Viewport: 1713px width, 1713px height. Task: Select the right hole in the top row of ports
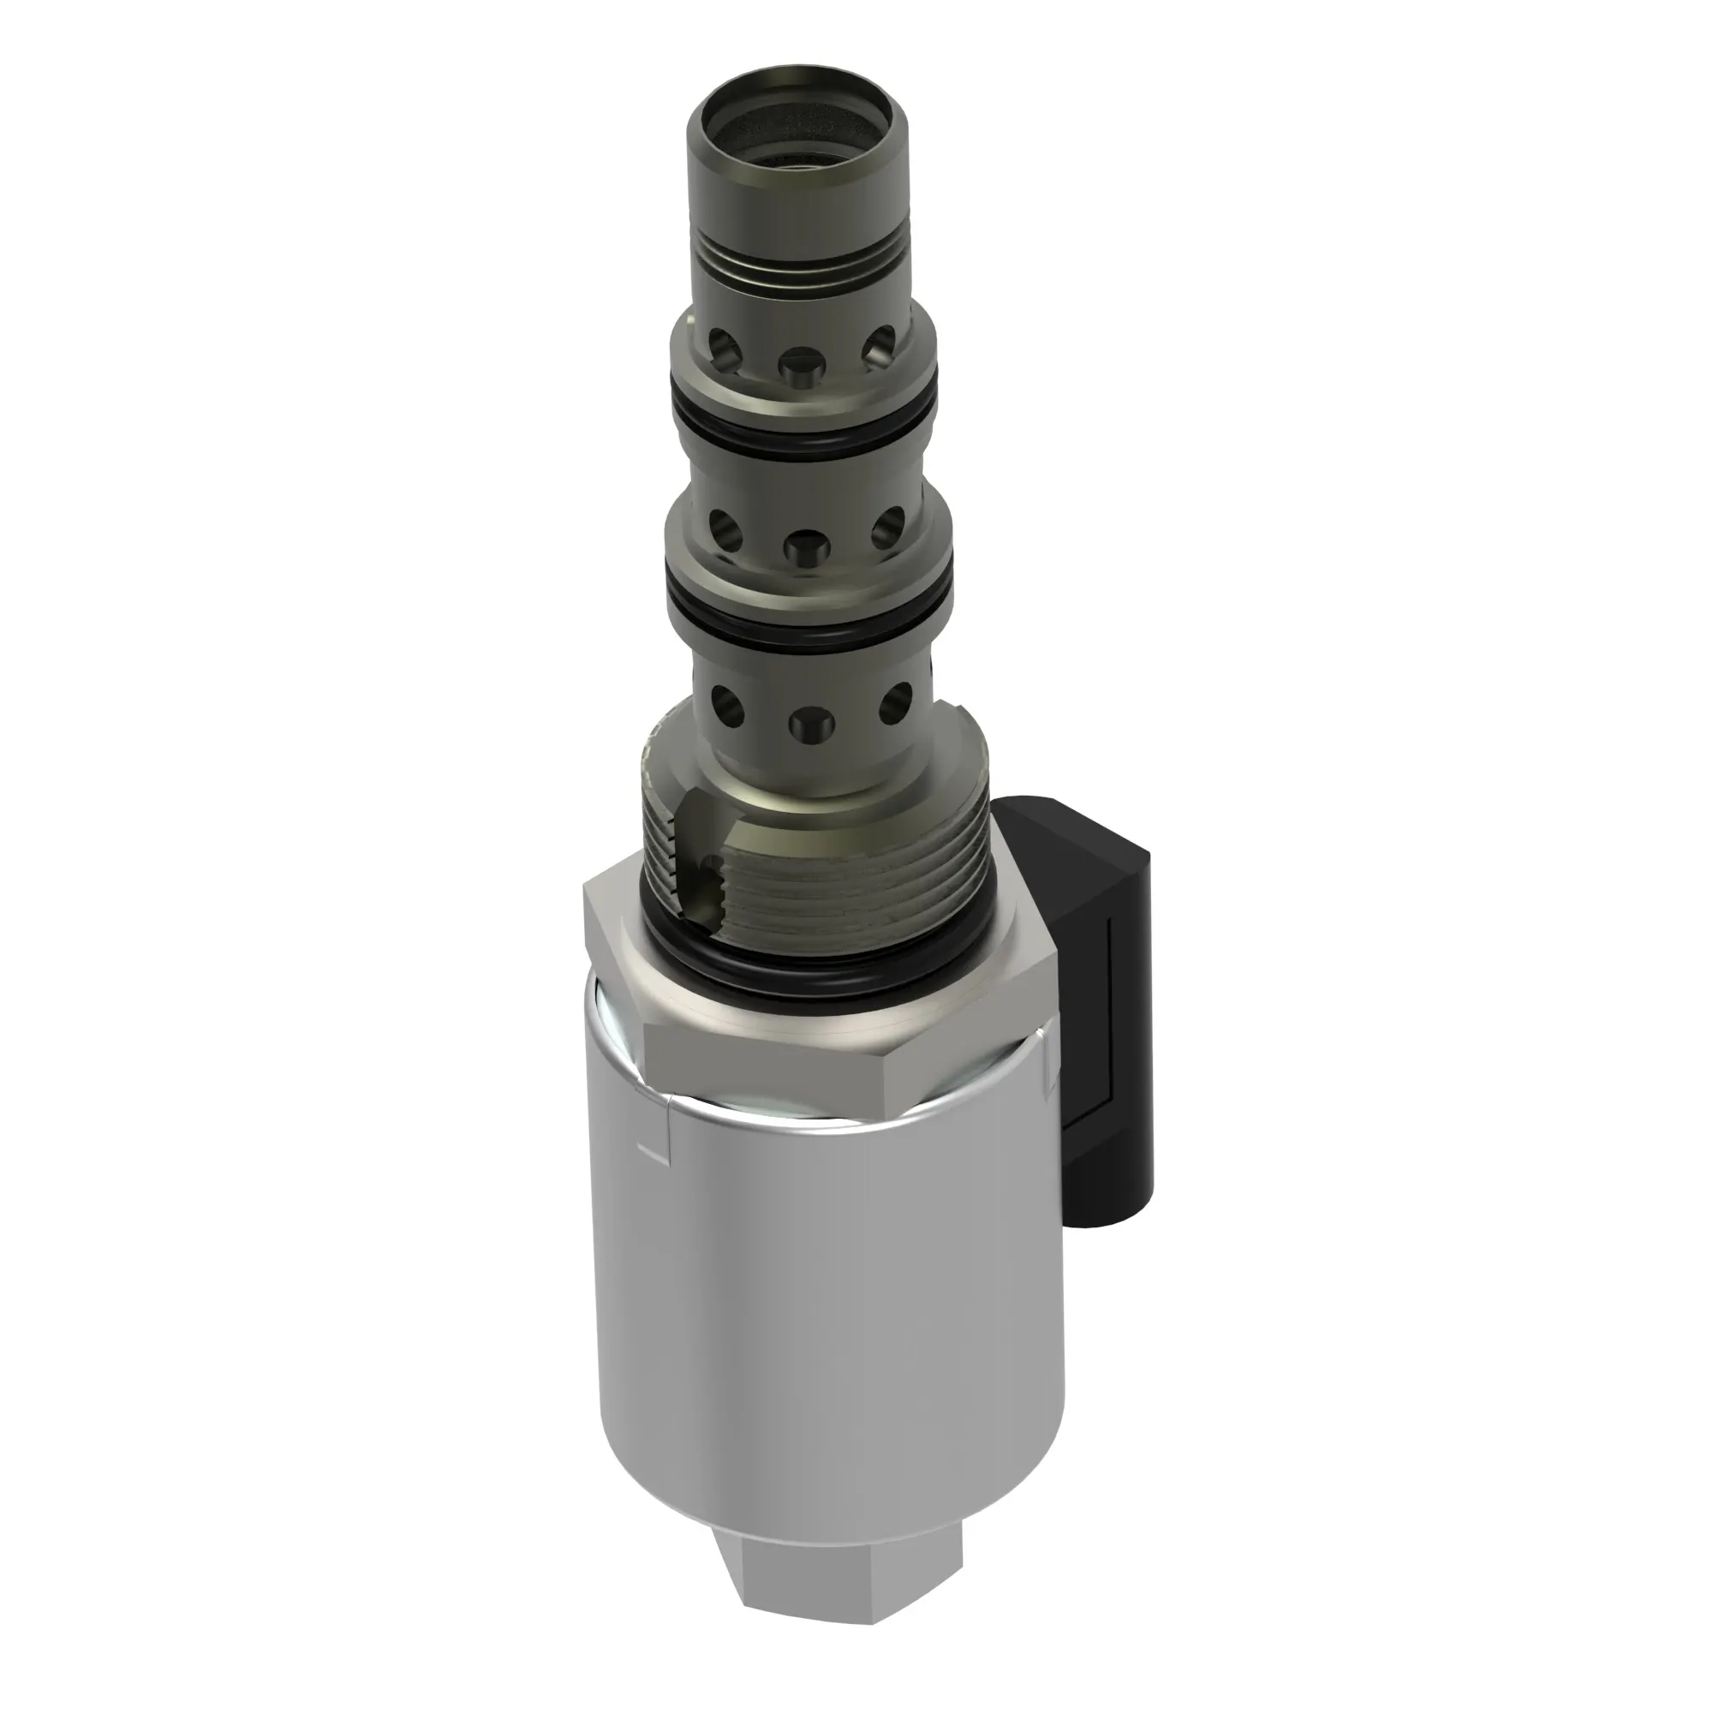tap(880, 347)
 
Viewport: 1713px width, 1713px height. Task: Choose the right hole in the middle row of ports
tap(886, 529)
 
